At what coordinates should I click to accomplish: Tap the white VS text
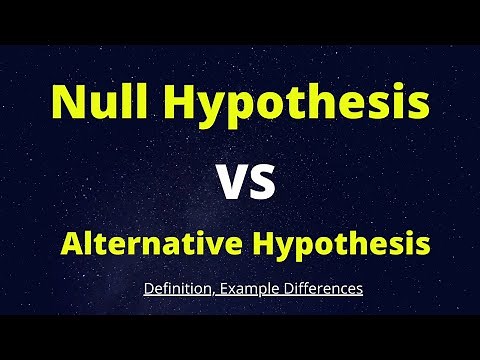point(246,183)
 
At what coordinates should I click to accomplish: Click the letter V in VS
point(231,183)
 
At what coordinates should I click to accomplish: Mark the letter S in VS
point(262,183)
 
